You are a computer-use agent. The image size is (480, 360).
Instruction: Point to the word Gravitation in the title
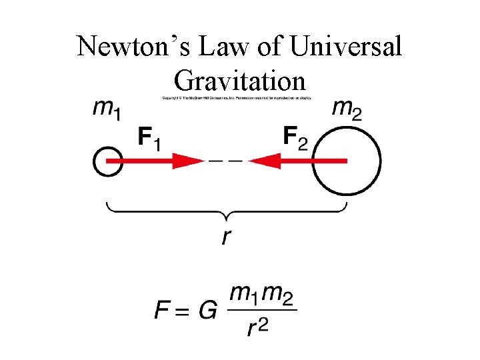[x=239, y=81]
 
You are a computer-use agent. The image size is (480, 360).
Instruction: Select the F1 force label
[x=149, y=138]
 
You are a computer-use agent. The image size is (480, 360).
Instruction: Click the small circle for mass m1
[x=107, y=161]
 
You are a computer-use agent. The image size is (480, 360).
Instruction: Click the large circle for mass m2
[x=346, y=161]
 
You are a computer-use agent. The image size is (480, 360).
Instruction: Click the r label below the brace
[x=227, y=235]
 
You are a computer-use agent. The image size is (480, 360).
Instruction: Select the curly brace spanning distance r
[x=227, y=211]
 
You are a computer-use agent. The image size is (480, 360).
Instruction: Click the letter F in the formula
[x=162, y=309]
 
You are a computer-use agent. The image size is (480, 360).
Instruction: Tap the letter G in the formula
[x=207, y=309]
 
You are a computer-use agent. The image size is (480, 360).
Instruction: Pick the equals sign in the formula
[x=183, y=310]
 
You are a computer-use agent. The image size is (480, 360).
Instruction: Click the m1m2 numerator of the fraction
[x=262, y=293]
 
